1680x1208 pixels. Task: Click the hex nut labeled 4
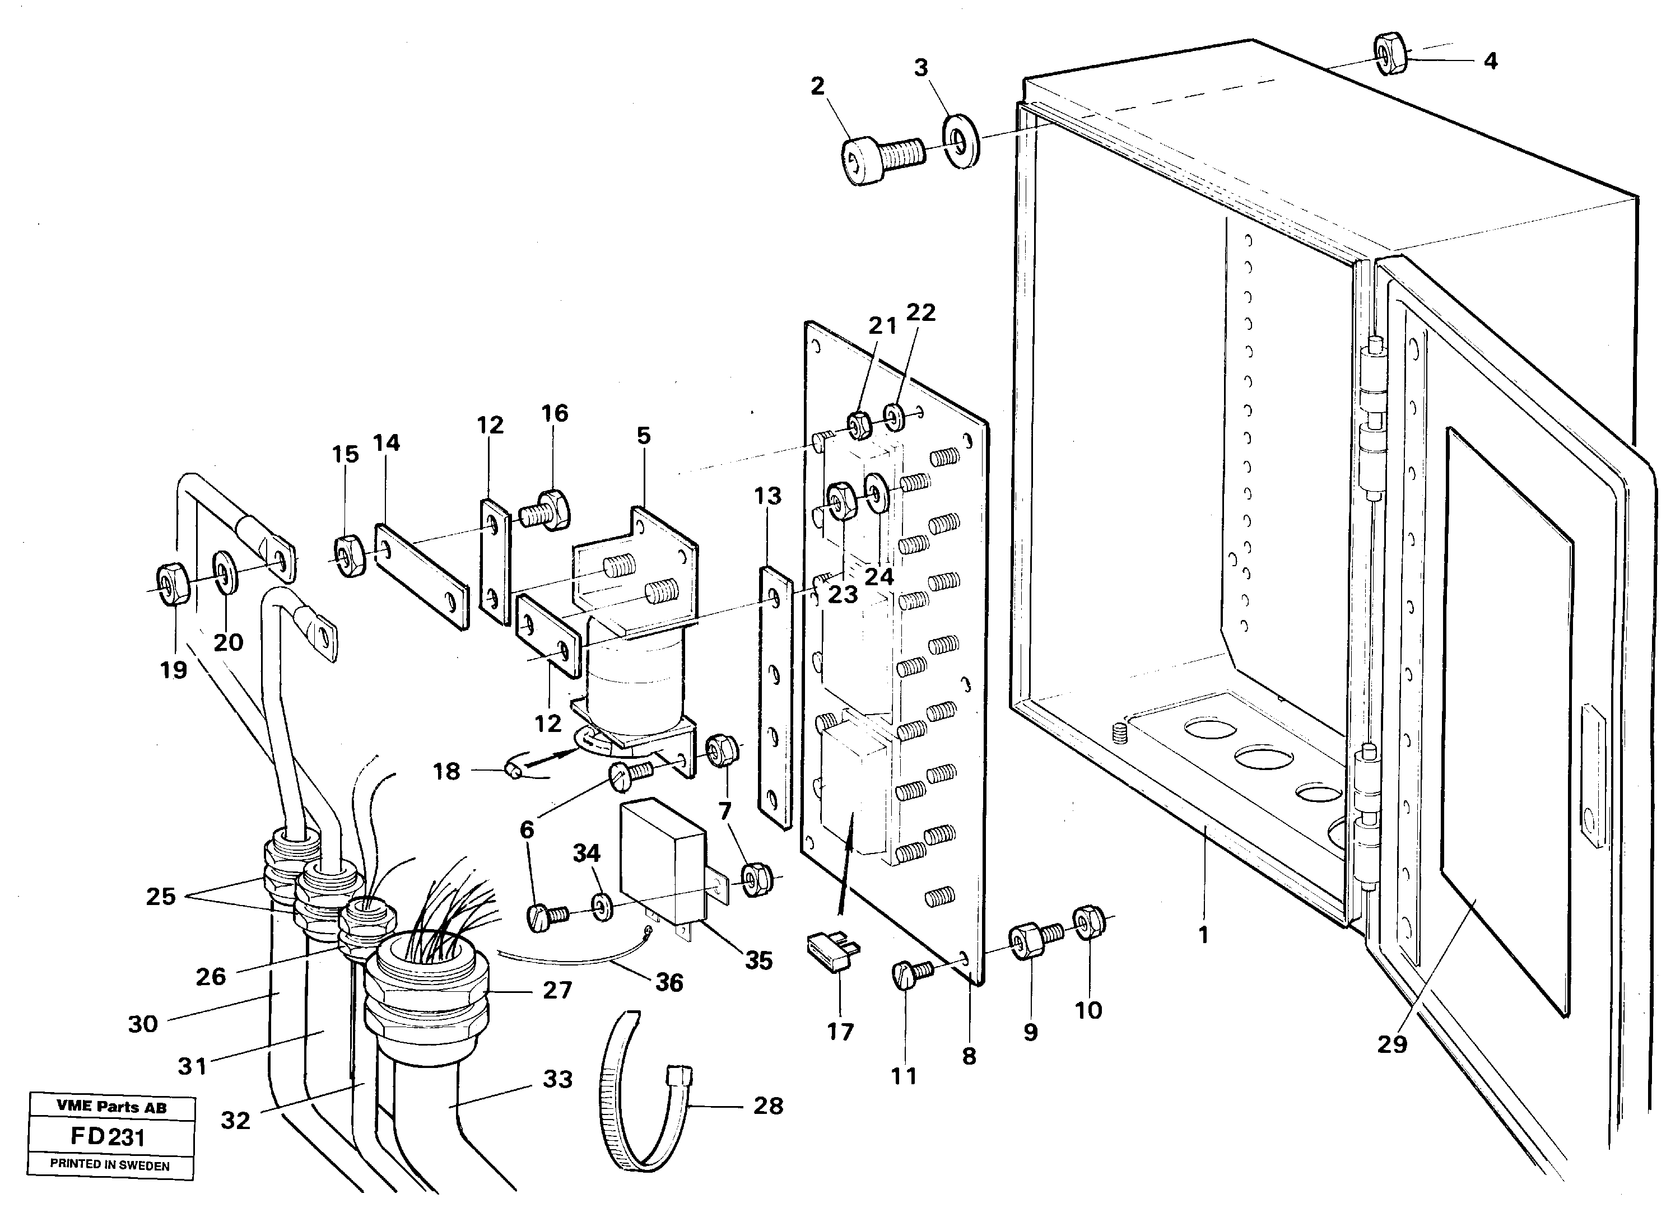click(x=1390, y=54)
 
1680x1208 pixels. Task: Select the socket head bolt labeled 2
click(x=882, y=158)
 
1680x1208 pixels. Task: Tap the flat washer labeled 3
click(x=961, y=141)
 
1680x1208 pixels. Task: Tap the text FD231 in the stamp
click(x=108, y=1137)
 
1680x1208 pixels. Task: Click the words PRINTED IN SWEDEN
click(x=110, y=1165)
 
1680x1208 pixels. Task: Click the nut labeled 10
click(x=1089, y=921)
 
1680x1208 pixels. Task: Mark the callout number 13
click(x=767, y=496)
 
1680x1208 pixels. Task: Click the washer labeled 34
click(x=602, y=907)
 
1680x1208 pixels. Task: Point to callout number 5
click(x=643, y=436)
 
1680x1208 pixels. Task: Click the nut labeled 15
click(x=350, y=556)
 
